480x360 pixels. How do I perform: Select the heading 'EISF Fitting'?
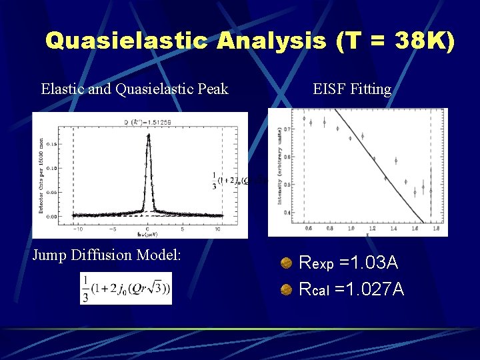pyautogui.click(x=352, y=89)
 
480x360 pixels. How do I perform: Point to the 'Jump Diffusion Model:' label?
pyautogui.click(x=107, y=255)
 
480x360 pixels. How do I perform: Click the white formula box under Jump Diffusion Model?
pyautogui.click(x=126, y=288)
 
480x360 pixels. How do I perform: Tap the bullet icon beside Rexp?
pyautogui.click(x=286, y=263)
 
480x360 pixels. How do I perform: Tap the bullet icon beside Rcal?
pyautogui.click(x=286, y=290)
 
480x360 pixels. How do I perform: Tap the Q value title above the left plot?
pyautogui.click(x=147, y=122)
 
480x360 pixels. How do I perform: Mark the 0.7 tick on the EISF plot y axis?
pyautogui.click(x=287, y=128)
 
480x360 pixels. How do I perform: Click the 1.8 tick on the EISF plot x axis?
pyautogui.click(x=435, y=228)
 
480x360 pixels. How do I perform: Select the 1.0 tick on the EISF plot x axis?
pyautogui.click(x=351, y=228)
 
